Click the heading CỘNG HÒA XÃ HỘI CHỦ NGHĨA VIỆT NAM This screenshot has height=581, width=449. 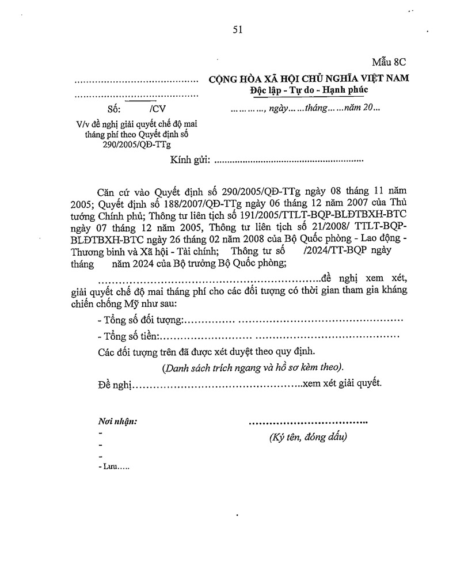pos(308,79)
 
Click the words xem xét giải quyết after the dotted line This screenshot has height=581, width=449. pos(343,383)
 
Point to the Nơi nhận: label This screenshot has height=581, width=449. pos(117,421)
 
